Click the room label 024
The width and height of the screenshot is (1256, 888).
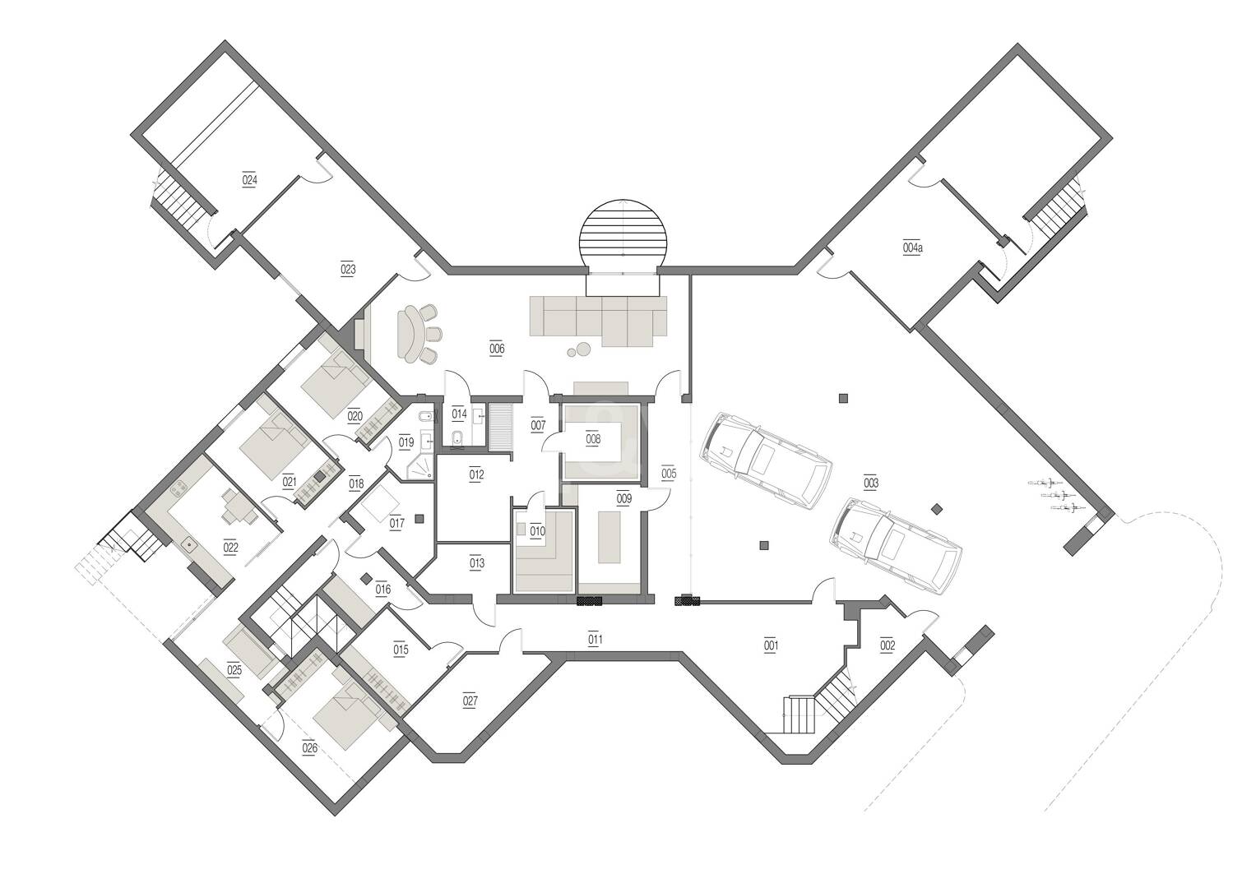tap(249, 180)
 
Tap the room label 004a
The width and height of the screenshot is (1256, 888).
tap(912, 247)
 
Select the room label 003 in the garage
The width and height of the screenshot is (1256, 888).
tap(871, 483)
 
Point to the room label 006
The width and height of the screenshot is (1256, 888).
tap(497, 349)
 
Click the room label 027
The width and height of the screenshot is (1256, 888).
tap(470, 701)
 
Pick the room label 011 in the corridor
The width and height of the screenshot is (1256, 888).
tap(596, 639)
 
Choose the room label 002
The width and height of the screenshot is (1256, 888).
tap(888, 645)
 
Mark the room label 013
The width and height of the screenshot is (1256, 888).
tap(477, 563)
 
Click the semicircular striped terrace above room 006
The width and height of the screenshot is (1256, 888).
tap(623, 234)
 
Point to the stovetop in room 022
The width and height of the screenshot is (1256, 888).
tap(181, 488)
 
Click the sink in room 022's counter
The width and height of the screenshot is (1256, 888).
tap(191, 542)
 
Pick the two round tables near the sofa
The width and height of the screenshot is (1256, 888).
tap(579, 350)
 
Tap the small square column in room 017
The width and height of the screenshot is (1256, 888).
tap(419, 519)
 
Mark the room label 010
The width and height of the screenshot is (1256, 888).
tap(537, 530)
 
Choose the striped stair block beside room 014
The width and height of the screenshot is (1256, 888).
tap(501, 428)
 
